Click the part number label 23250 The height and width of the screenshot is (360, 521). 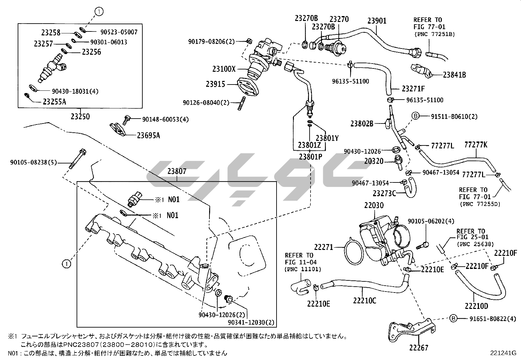80,116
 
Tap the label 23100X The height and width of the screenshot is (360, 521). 224,69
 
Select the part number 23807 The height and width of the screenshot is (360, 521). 177,171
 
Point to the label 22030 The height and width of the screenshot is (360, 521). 374,205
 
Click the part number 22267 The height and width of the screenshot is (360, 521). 418,348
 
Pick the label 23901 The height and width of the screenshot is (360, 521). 377,21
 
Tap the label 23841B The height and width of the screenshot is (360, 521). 454,75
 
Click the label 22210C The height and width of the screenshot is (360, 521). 365,300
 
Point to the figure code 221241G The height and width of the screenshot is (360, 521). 503,353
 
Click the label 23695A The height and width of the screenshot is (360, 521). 148,135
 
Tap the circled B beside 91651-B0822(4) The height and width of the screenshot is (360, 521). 453,318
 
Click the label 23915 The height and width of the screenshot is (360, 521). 215,84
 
